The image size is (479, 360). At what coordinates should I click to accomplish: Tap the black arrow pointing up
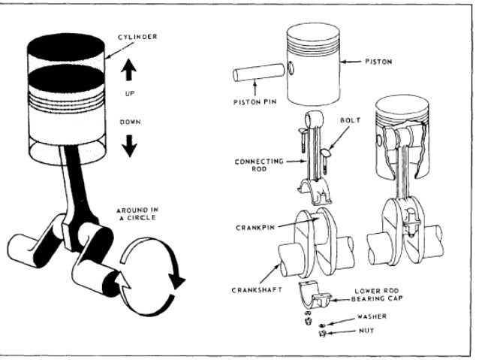[129, 70]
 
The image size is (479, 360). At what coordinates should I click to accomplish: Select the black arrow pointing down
[129, 144]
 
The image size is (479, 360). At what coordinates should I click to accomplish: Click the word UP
[129, 94]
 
